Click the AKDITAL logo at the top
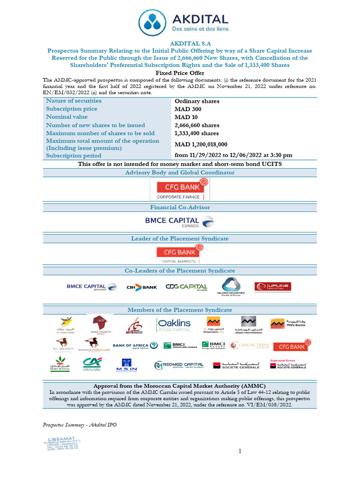click(x=183, y=22)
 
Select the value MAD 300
click(x=188, y=109)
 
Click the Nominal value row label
click(x=67, y=117)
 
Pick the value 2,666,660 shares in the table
click(x=197, y=125)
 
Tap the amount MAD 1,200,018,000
click(x=201, y=144)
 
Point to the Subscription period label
click(x=74, y=156)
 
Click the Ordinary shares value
click(x=197, y=101)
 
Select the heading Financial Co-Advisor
click(x=180, y=207)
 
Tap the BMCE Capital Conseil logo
click(x=180, y=221)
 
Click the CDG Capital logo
click(x=186, y=287)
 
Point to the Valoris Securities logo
click(x=231, y=286)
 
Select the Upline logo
click(x=272, y=287)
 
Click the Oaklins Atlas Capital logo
click(x=173, y=325)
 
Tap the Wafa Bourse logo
click(x=288, y=324)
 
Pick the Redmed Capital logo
click(x=179, y=365)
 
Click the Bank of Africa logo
click(x=135, y=346)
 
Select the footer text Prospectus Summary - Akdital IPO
click(x=80, y=425)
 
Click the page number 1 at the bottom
click(x=240, y=451)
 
